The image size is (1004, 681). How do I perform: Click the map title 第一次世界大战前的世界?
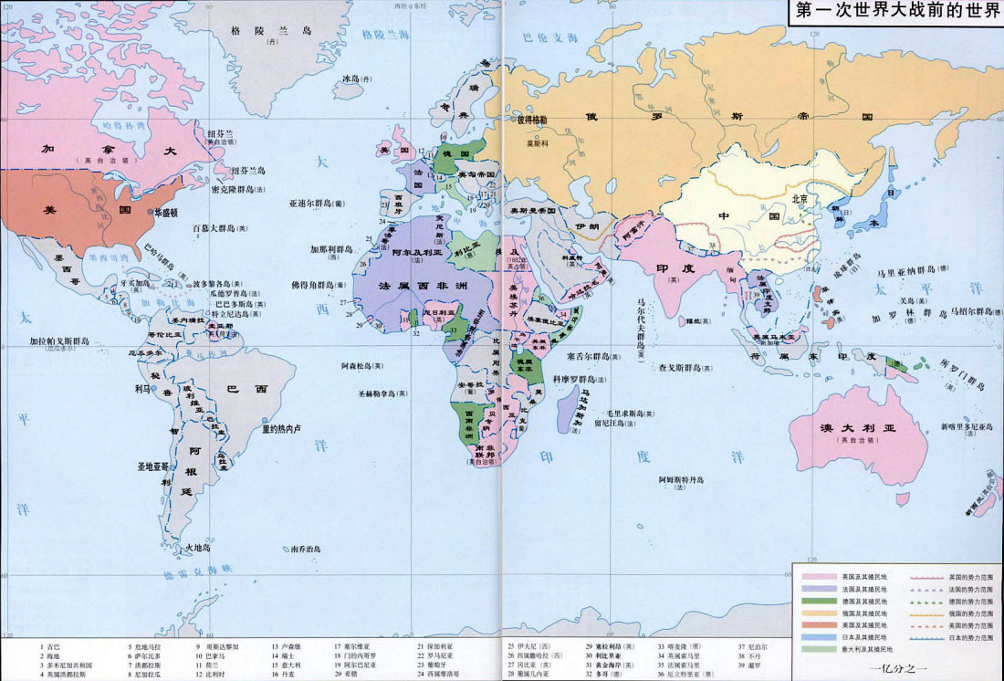[897, 12]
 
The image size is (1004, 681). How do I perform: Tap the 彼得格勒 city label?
[532, 120]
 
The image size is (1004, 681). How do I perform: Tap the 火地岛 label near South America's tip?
[198, 548]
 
